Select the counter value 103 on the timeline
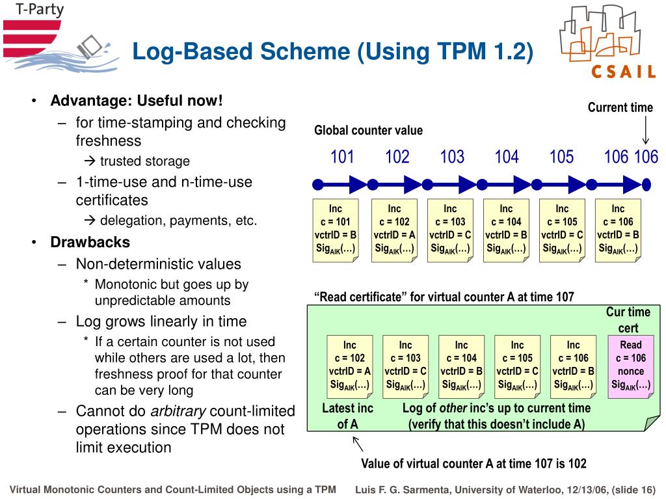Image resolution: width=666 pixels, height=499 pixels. click(452, 157)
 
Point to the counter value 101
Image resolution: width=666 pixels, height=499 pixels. click(342, 157)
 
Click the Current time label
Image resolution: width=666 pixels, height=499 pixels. click(620, 108)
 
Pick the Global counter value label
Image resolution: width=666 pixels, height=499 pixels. click(368, 131)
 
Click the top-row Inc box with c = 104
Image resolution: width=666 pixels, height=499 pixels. click(506, 229)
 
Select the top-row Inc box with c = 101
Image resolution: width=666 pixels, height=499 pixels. click(335, 229)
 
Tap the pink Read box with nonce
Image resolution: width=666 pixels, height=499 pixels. click(630, 365)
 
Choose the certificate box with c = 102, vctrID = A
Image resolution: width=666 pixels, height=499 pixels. click(350, 365)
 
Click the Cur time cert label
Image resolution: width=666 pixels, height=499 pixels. click(628, 320)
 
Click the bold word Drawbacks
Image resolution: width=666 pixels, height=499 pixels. click(90, 243)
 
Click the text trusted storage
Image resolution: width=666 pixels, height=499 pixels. click(144, 161)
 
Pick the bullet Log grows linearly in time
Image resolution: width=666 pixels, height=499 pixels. click(161, 321)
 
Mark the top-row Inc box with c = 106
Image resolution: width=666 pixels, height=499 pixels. click(618, 229)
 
